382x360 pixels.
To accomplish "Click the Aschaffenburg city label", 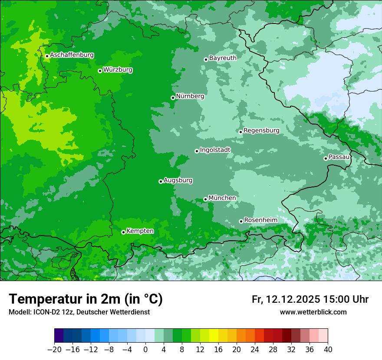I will [x=72, y=55].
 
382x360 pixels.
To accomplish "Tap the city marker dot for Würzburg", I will [x=100, y=71].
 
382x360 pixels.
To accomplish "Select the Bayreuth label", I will [x=223, y=58].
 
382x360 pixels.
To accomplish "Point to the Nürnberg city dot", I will [x=173, y=98].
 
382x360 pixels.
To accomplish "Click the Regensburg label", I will [x=261, y=131].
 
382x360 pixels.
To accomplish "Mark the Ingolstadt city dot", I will [x=197, y=151].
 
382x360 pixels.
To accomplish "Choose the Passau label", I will [x=339, y=157].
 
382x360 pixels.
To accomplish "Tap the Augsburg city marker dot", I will [x=161, y=181].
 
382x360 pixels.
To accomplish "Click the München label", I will [x=222, y=198].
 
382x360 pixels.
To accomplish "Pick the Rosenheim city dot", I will [x=241, y=221].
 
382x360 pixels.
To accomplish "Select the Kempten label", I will [x=140, y=231].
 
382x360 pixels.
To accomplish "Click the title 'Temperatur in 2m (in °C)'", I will [x=86, y=299].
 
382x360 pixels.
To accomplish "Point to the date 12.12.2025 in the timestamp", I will [x=293, y=299].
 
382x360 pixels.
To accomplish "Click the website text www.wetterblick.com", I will [x=313, y=312].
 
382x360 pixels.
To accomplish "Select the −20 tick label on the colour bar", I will [x=54, y=350].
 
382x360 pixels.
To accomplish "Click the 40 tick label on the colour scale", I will [x=328, y=350].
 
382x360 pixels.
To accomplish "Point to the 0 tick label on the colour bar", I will [x=145, y=350].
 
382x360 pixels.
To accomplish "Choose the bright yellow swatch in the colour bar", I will [x=214, y=336].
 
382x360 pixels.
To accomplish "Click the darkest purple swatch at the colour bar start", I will [x=59, y=336].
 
